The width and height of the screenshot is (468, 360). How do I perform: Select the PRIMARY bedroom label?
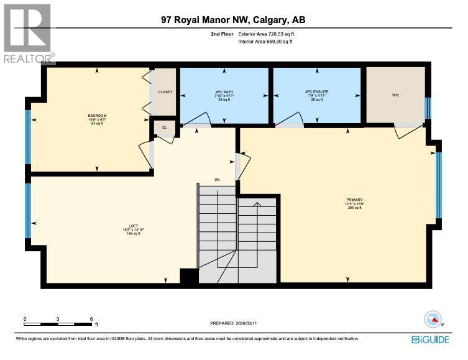[x=354, y=200]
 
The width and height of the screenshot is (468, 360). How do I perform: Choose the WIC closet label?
[x=395, y=96]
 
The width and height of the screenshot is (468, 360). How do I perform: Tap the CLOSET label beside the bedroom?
[x=165, y=92]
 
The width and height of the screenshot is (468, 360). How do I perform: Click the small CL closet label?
[x=164, y=127]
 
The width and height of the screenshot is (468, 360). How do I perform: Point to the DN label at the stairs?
[x=217, y=180]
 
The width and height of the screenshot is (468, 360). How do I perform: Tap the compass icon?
[x=433, y=320]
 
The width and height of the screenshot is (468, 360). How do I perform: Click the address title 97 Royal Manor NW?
[x=232, y=21]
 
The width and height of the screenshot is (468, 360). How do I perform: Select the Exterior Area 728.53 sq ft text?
[x=265, y=34]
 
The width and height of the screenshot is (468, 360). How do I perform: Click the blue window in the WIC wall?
[x=427, y=108]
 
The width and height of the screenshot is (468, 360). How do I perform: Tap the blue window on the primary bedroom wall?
[x=439, y=185]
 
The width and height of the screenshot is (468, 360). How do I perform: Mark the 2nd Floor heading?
[x=221, y=34]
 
